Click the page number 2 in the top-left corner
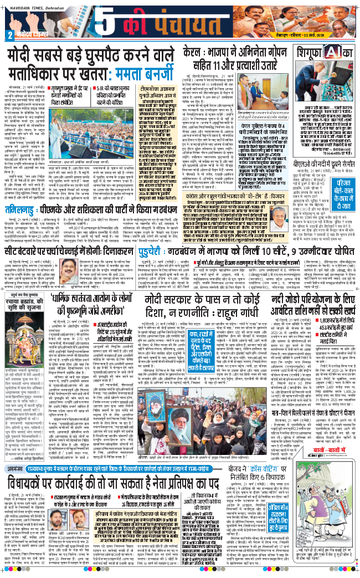click(9, 35)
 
